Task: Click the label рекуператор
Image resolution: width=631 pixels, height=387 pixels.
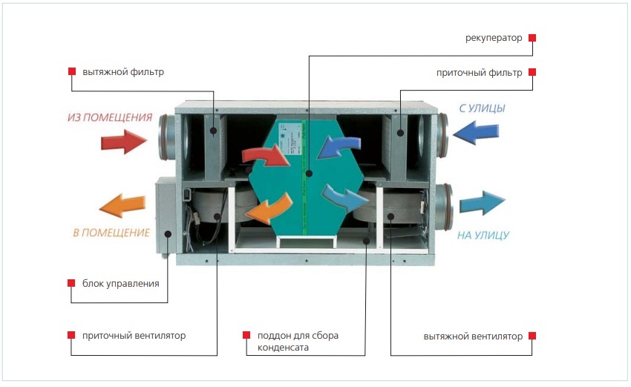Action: pos(494,39)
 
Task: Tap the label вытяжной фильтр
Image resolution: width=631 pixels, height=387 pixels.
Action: pos(123,72)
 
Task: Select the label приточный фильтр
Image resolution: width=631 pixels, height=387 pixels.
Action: pos(480,73)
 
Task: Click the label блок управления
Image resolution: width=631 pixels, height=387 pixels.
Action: pos(121,284)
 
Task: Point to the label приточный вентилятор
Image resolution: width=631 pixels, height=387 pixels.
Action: pos(134,336)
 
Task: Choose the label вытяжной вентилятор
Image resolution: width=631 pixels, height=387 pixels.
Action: pos(473,336)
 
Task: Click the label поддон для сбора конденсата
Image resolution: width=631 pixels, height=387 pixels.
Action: pos(298,342)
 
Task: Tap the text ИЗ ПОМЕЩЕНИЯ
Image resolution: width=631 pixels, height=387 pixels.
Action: pos(110,117)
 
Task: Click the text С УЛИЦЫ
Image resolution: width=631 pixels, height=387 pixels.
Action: pos(482,108)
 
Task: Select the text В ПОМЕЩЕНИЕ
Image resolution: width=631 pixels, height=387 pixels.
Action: pos(111,232)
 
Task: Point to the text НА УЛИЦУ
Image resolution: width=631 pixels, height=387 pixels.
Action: pos(483,235)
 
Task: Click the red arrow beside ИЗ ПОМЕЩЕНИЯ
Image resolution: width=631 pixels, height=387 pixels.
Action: pos(124,141)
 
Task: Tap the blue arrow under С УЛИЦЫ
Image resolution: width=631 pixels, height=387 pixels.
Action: pos(476,132)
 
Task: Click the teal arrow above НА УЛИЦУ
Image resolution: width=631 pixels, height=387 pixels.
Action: pos(483,203)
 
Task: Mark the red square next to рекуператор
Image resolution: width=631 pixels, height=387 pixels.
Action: pos(532,38)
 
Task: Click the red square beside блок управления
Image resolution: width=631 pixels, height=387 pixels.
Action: pos(71,283)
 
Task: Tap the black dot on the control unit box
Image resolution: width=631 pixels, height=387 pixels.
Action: pos(169,234)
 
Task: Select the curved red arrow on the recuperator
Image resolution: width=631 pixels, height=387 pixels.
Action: pos(266,155)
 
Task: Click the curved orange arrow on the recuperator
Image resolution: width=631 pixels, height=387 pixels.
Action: pos(269,209)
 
